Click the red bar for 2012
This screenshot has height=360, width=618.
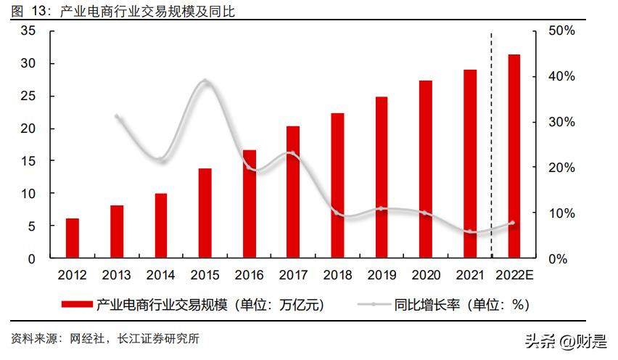[73, 238]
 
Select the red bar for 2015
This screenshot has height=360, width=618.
[205, 213]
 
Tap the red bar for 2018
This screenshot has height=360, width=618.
[337, 185]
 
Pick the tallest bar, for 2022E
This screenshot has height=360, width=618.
[514, 156]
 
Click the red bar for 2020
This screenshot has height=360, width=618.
[426, 169]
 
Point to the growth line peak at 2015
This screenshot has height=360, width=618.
[205, 81]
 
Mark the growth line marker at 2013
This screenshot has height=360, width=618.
[117, 116]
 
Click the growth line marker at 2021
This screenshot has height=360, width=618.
[470, 232]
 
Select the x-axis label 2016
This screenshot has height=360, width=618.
[249, 276]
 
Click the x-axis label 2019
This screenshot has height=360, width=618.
[382, 276]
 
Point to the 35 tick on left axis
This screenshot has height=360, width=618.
[28, 31]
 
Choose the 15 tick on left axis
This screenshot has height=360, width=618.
[28, 161]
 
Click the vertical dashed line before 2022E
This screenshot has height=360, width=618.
[492, 145]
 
